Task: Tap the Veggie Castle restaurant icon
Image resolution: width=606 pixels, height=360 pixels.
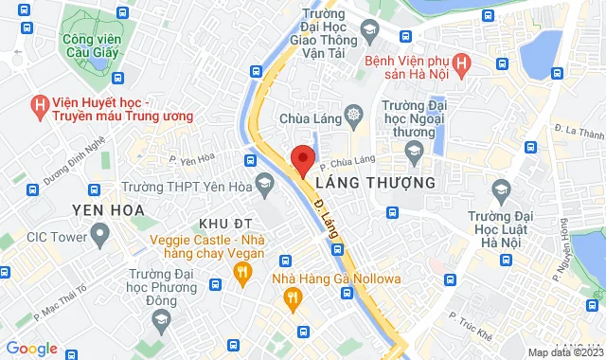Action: (242, 273)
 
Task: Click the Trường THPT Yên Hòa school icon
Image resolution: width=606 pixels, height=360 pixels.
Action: (264, 181)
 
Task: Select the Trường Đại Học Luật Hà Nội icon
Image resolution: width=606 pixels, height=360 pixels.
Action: (500, 195)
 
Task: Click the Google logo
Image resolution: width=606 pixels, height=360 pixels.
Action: (31, 349)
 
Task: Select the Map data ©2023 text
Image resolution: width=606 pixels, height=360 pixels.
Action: (564, 352)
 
